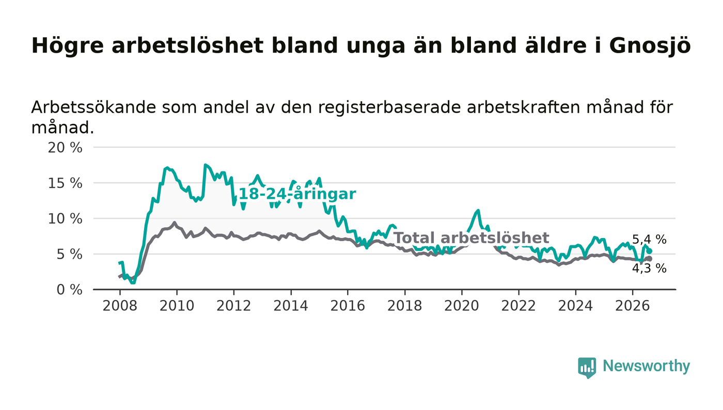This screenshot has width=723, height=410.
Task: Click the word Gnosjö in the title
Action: point(650,46)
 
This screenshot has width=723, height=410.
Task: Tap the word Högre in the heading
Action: point(68,46)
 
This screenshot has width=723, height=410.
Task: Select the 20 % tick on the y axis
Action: point(65,148)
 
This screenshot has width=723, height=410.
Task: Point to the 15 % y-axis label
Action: point(65,183)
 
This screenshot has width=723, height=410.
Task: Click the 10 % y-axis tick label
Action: point(65,219)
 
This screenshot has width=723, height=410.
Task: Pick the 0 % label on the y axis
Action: point(69,290)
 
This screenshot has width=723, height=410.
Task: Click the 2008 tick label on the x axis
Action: point(120,306)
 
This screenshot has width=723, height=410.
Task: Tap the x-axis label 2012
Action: point(233,306)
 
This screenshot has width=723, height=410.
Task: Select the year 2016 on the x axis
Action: point(348,306)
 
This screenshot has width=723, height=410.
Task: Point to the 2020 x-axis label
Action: point(462,306)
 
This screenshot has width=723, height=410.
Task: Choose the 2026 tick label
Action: point(632,306)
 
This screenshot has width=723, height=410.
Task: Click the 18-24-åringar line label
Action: point(297,194)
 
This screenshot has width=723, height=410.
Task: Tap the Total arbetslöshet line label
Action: point(471,238)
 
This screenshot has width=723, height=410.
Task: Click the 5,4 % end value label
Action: point(649,240)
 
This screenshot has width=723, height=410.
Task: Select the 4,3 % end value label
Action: point(649,269)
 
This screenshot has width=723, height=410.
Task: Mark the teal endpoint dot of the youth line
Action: point(650,251)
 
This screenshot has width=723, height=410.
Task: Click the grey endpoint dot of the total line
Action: point(650,259)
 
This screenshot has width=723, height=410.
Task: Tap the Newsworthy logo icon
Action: point(587,368)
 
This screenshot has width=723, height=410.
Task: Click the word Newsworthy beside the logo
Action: point(646,366)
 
